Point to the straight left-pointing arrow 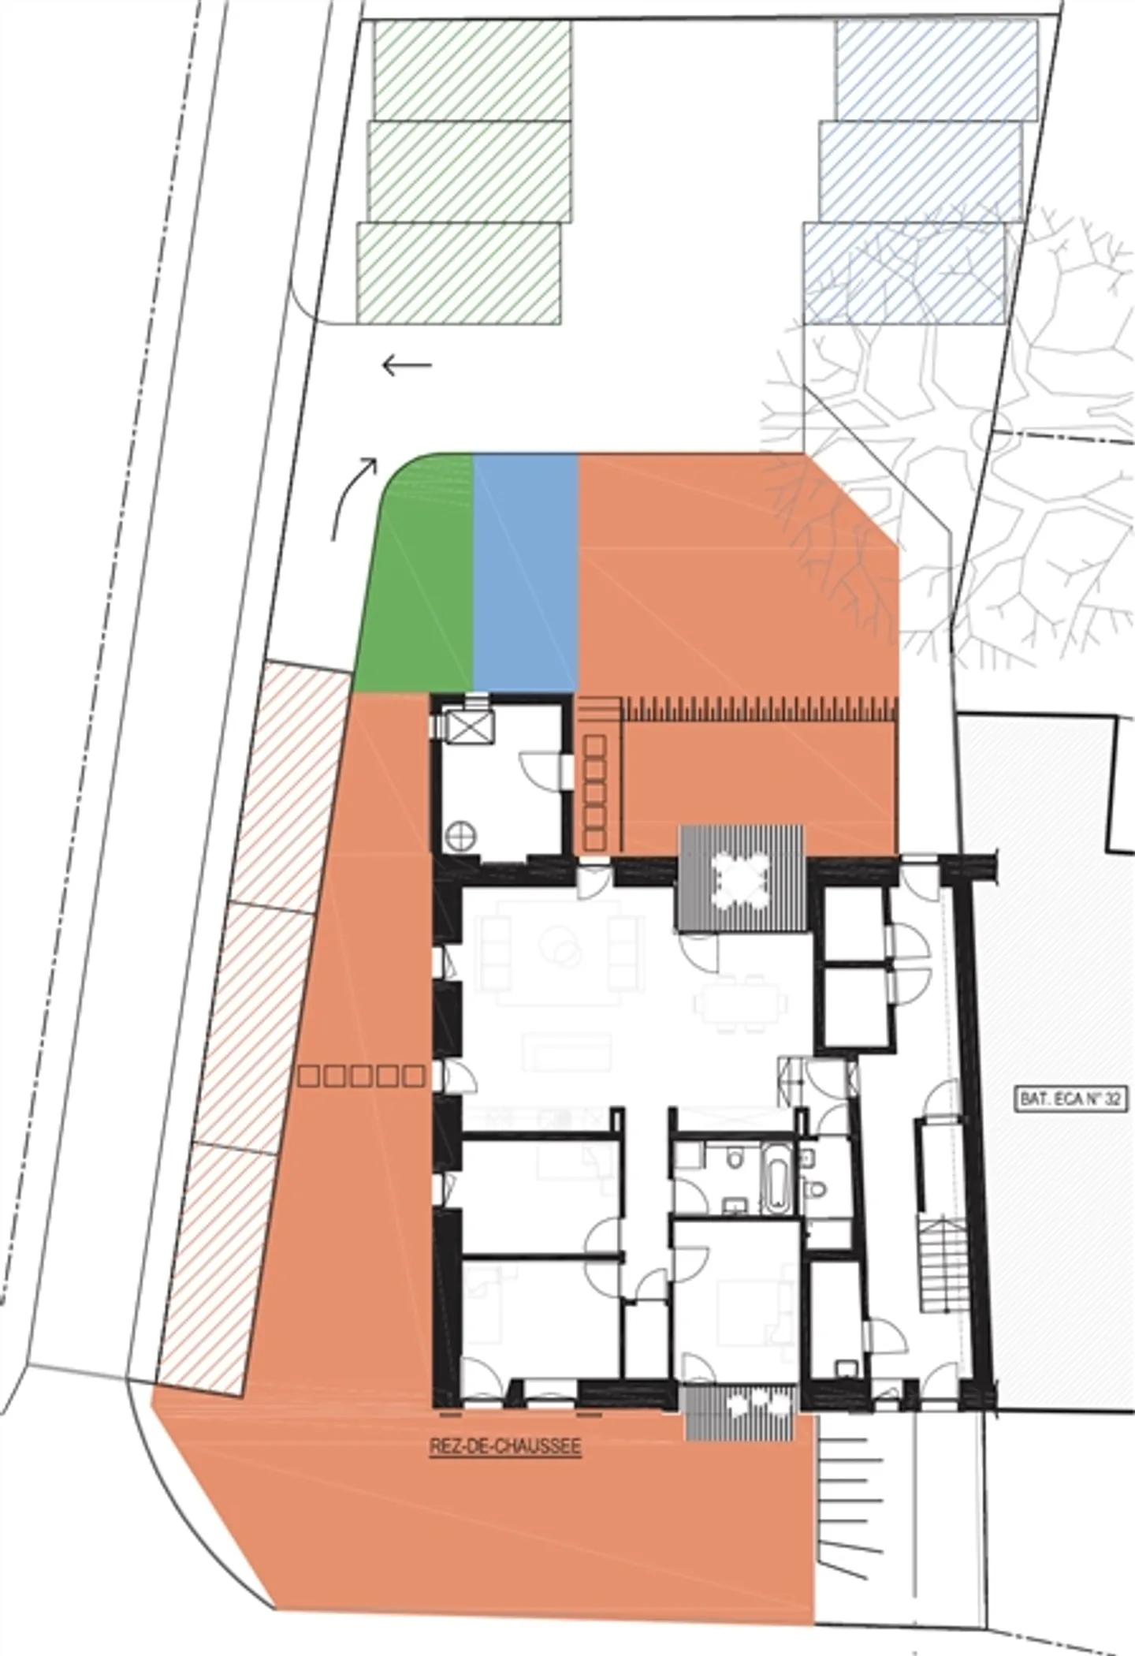[x=407, y=365]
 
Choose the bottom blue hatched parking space [x=903, y=273]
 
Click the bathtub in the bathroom [x=775, y=1179]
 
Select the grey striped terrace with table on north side [x=741, y=878]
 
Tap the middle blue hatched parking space [x=921, y=170]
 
